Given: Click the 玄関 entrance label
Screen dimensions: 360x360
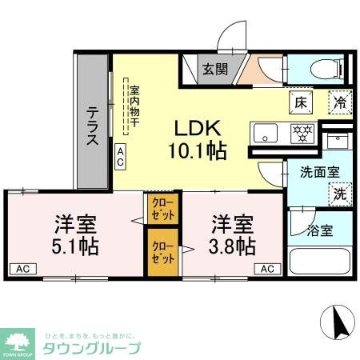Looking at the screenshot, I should (x=214, y=69).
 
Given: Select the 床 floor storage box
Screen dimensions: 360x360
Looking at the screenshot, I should (x=300, y=102).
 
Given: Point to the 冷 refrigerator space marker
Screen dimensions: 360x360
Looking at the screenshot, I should (x=339, y=102).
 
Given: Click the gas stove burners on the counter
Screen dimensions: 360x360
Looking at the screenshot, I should (x=303, y=133).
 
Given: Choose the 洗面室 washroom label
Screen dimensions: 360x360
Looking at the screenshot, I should (x=318, y=171).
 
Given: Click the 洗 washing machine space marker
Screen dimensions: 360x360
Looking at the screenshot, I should (x=339, y=193).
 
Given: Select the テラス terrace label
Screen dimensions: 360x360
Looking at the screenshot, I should (x=93, y=126).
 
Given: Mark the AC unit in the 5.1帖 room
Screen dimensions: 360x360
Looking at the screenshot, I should (x=22, y=268).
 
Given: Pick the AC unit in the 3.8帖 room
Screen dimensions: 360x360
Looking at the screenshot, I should (x=268, y=268).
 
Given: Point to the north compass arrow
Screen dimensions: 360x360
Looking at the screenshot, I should (x=337, y=323).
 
